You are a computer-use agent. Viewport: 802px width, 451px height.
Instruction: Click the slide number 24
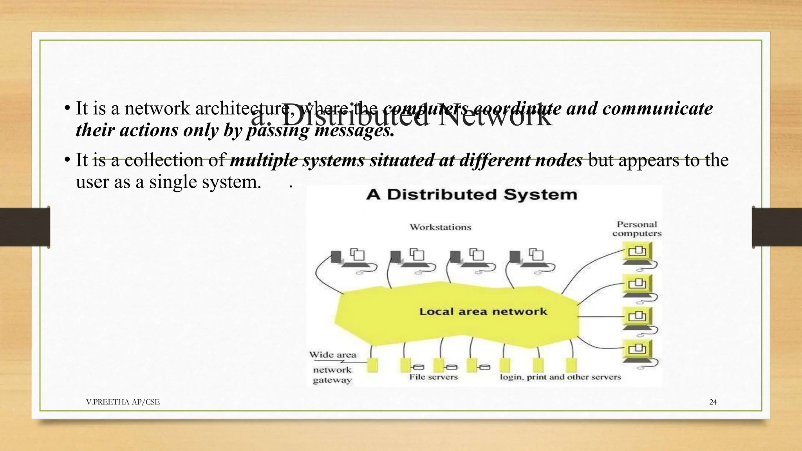coord(713,402)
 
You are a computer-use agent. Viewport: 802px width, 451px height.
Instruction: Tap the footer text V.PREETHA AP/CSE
coord(123,402)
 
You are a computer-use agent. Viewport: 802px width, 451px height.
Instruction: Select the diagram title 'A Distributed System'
coord(472,195)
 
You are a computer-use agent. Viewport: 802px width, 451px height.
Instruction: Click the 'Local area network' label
coord(483,312)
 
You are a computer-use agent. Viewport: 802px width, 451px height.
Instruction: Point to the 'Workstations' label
coord(440,227)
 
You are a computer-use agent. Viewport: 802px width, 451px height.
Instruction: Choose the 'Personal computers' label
coord(637,229)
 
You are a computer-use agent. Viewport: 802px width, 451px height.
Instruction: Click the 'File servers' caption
coord(433,377)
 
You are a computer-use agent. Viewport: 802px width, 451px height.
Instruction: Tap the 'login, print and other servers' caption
coord(560,377)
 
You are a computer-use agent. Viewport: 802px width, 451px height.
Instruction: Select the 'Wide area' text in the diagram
coord(332,355)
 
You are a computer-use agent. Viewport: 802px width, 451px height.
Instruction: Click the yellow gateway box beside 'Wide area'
coord(372,365)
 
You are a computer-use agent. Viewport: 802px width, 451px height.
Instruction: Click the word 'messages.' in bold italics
coord(354,130)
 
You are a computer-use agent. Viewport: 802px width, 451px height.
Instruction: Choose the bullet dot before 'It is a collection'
coord(67,160)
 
